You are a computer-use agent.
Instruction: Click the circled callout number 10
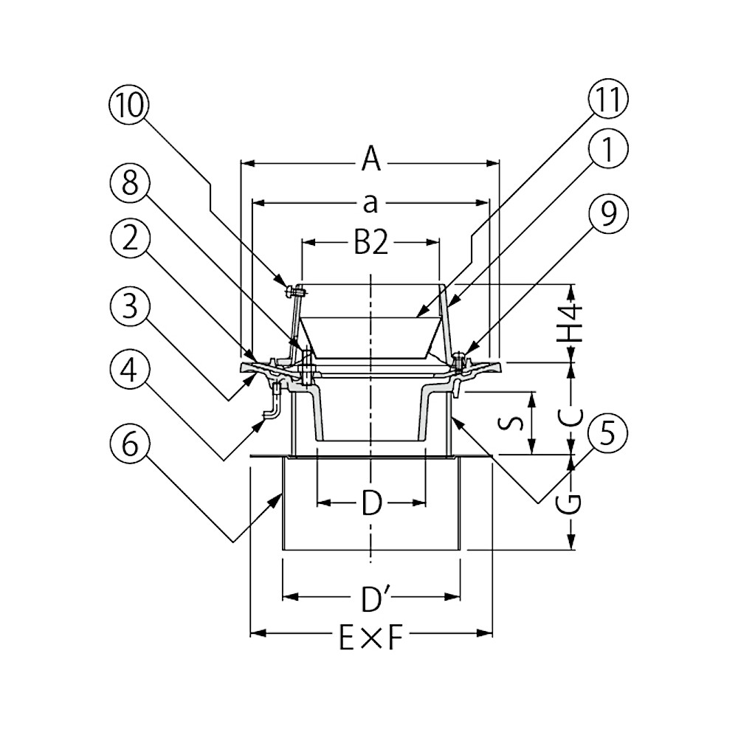(x=130, y=105)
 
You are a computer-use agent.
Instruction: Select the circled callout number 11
(x=608, y=100)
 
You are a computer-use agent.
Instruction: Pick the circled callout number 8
(x=130, y=182)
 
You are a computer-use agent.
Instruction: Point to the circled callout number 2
(x=130, y=238)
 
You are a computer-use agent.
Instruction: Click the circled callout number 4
(x=130, y=370)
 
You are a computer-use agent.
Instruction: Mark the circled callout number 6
(x=130, y=444)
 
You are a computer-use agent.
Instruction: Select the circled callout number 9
(x=608, y=215)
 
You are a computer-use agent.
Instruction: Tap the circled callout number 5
(x=608, y=433)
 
